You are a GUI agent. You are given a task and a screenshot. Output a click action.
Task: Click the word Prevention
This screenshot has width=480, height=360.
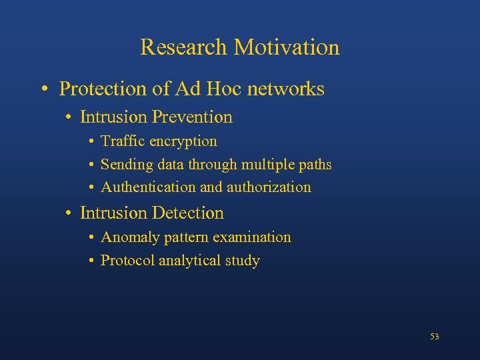point(192,117)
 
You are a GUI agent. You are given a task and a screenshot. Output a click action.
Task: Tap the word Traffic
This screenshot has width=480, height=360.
point(123,141)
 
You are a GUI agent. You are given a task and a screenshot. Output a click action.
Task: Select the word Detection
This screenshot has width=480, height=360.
point(188,213)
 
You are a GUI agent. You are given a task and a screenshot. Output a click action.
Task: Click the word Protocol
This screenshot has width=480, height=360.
point(127,261)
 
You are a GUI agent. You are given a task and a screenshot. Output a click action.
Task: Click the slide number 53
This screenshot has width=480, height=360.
point(435,337)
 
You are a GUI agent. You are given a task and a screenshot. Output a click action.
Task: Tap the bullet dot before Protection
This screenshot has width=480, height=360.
point(43,89)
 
